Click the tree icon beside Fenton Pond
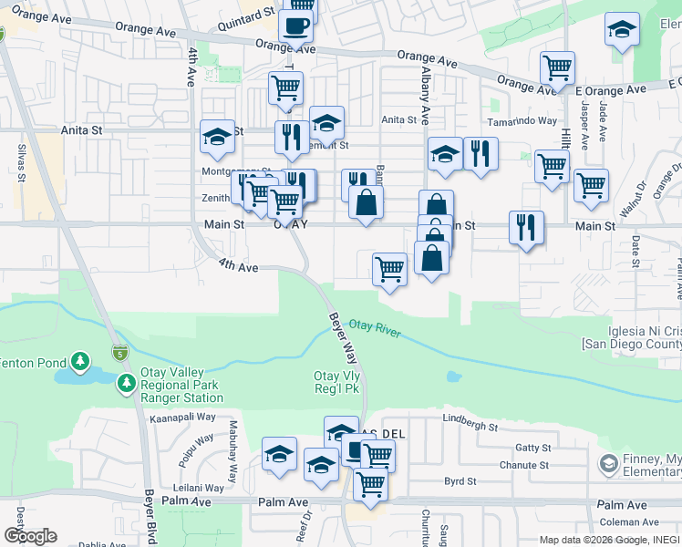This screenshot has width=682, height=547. [80, 363]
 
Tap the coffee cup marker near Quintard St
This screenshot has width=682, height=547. [295, 26]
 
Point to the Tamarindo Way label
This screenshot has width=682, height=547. [522, 120]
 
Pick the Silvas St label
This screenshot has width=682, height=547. [19, 164]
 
